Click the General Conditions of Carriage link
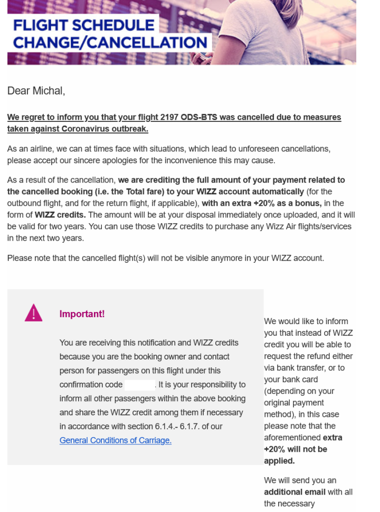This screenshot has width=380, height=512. (115, 440)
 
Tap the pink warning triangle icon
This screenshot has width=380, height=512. (34, 313)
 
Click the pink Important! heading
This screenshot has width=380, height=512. (82, 314)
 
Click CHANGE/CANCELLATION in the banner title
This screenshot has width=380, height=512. (110, 42)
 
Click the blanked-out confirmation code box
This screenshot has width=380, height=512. (139, 384)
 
